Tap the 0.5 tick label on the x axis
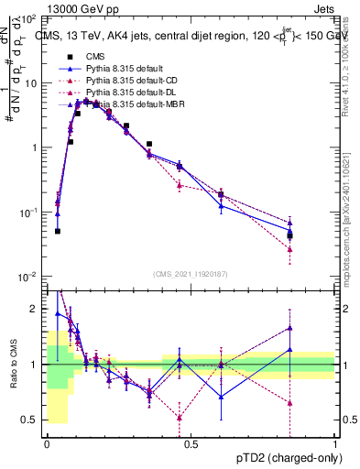click(190, 444)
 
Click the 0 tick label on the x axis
click(47, 444)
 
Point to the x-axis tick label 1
click(333, 444)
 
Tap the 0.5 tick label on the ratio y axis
click(32, 420)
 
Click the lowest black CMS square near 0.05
click(58, 231)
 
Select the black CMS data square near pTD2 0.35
click(148, 144)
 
